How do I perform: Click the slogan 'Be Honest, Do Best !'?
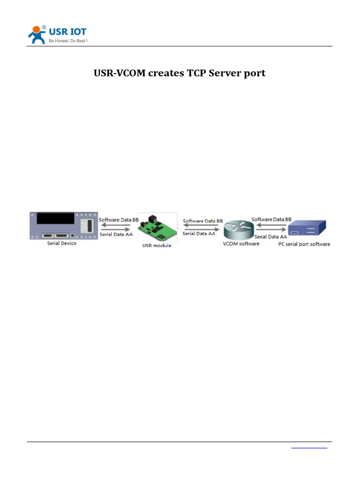click(68, 41)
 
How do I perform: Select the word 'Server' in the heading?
click(228, 73)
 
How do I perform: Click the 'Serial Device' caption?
click(61, 244)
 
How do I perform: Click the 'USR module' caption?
click(157, 246)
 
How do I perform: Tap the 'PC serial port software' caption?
click(307, 244)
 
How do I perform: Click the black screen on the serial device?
click(55, 218)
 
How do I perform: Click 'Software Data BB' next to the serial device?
click(119, 219)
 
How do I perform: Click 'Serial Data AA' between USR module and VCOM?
click(199, 233)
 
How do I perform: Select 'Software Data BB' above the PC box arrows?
click(271, 219)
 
